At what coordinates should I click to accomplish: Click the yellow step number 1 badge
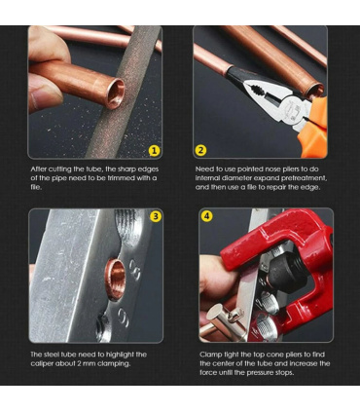(155, 150)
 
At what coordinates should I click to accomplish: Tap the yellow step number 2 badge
(200, 150)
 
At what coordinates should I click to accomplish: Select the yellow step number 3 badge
(156, 216)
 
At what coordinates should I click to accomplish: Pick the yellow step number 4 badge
(207, 216)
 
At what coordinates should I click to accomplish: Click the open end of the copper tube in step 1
(116, 94)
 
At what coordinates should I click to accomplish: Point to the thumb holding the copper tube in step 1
(45, 95)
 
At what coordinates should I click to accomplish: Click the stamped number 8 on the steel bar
(135, 269)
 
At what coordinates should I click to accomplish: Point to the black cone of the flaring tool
(285, 268)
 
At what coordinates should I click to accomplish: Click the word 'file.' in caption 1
(36, 187)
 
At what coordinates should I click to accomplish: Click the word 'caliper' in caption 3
(42, 363)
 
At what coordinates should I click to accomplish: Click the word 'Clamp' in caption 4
(209, 355)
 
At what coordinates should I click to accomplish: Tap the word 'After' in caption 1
(39, 169)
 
